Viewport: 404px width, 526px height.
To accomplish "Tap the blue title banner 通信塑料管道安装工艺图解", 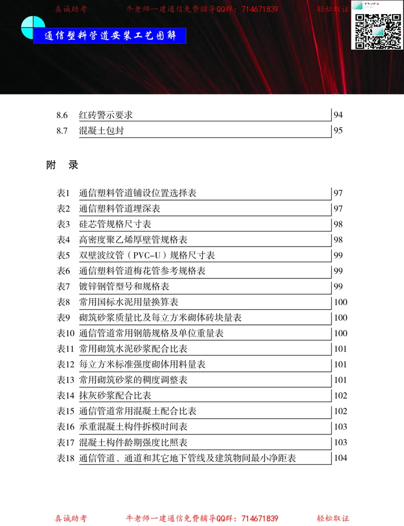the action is pyautogui.click(x=110, y=36).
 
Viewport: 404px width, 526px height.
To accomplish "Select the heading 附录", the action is pyautogui.click(x=62, y=165).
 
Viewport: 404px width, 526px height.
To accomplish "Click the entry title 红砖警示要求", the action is pyautogui.click(x=106, y=115).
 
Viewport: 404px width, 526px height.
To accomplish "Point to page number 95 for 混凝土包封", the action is pyautogui.click(x=338, y=130).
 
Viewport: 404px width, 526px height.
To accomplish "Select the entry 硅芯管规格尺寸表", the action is pyautogui.click(x=115, y=224).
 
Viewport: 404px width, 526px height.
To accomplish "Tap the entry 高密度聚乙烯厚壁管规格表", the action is pyautogui.click(x=133, y=240).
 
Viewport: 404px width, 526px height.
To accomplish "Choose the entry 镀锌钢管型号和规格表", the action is pyautogui.click(x=124, y=286).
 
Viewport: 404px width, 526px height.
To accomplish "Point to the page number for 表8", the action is pyautogui.click(x=341, y=302).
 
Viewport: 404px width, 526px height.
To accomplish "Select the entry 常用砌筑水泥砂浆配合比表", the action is pyautogui.click(x=133, y=349).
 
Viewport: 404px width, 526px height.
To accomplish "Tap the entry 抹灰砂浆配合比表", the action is pyautogui.click(x=115, y=396).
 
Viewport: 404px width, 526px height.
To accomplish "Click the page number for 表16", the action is pyautogui.click(x=341, y=427).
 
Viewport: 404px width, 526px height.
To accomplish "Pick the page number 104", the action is pyautogui.click(x=341, y=458).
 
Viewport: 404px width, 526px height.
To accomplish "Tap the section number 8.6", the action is pyautogui.click(x=62, y=115).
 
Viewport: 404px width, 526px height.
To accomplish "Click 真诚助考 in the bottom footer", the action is pyautogui.click(x=71, y=518).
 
